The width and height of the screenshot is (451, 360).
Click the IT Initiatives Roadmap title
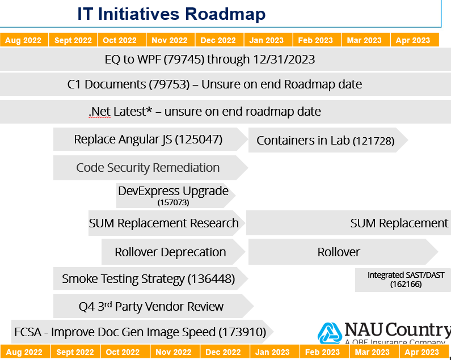tap(171, 14)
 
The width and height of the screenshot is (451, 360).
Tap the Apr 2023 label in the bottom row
tap(422, 352)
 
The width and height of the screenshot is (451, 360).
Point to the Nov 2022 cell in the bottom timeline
tap(174, 352)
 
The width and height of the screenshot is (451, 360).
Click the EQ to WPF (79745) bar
tap(226, 59)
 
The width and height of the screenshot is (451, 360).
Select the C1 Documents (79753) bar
tap(226, 84)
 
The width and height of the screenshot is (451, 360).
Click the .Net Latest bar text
tap(204, 112)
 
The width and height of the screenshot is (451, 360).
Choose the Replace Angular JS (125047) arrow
tap(150, 139)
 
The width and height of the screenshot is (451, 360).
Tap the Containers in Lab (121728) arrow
tap(328, 140)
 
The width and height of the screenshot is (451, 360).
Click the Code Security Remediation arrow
tap(150, 168)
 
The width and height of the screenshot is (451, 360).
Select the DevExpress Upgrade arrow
tap(176, 195)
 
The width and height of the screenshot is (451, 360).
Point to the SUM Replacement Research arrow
tap(167, 223)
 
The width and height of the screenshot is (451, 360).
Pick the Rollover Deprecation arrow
tap(173, 252)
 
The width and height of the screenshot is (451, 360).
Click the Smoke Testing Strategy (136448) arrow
tap(150, 278)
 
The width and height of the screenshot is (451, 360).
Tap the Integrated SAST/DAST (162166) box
tap(403, 279)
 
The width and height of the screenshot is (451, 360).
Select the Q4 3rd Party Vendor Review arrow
tap(153, 306)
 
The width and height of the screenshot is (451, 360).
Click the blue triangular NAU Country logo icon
tap(330, 333)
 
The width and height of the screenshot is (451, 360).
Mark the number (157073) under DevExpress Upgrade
tap(173, 202)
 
